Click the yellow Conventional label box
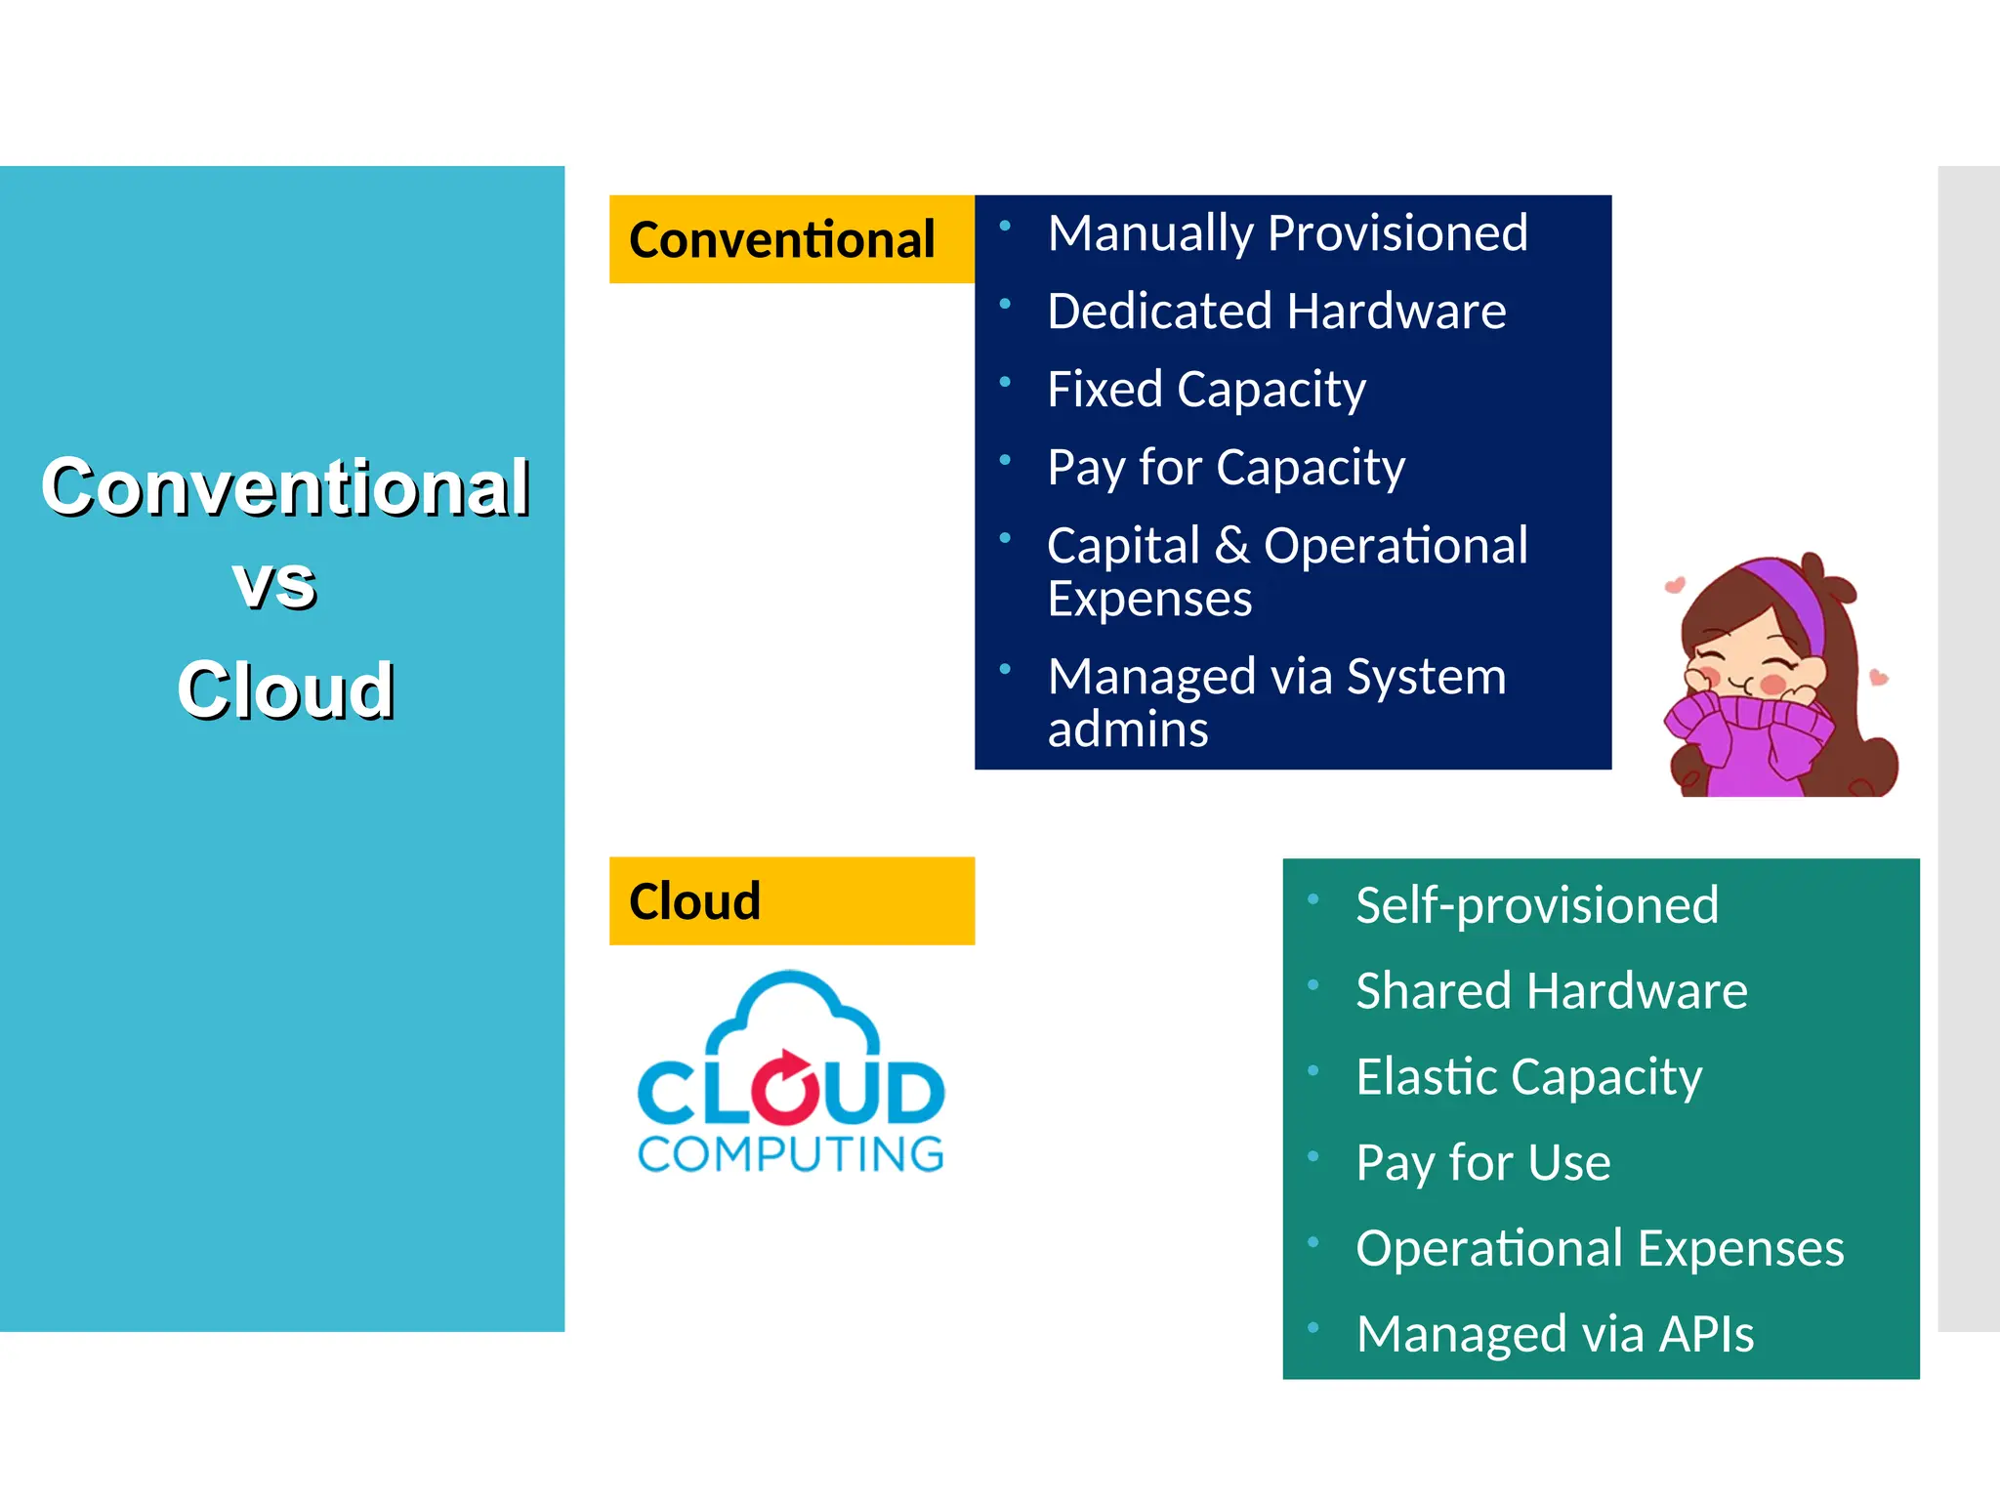pyautogui.click(x=791, y=239)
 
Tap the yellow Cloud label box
pyautogui.click(x=791, y=900)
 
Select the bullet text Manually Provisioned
pyautogui.click(x=1287, y=233)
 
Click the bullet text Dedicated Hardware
pyautogui.click(x=1275, y=312)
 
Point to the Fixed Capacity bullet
pyautogui.click(x=1206, y=390)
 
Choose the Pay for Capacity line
pyautogui.click(x=1226, y=468)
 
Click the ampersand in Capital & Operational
pyautogui.click(x=1232, y=546)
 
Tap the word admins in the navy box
pyautogui.click(x=1128, y=729)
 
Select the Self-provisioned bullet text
pyautogui.click(x=1537, y=905)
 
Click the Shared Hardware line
pyautogui.click(x=1551, y=991)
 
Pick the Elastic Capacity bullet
pyautogui.click(x=1528, y=1077)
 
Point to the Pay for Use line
pyautogui.click(x=1482, y=1163)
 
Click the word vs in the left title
pyautogui.click(x=274, y=586)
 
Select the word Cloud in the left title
pyautogui.click(x=285, y=689)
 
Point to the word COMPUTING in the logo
pyautogui.click(x=791, y=1154)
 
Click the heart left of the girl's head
pyautogui.click(x=1674, y=585)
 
